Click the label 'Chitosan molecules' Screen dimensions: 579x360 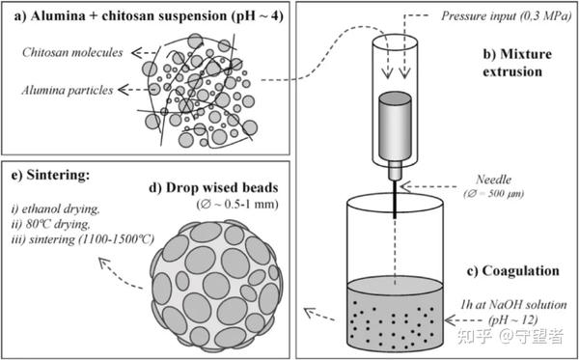click(x=72, y=52)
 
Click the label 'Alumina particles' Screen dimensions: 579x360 click(x=68, y=90)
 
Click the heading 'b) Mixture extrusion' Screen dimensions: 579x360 click(x=517, y=63)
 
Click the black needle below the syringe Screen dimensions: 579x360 click(x=395, y=200)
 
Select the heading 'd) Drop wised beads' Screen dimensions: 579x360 click(x=212, y=187)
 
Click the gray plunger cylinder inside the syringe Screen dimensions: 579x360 click(x=395, y=125)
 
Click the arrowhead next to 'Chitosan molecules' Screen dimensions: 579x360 click(x=138, y=53)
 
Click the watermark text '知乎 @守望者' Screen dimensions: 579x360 click(x=510, y=338)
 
